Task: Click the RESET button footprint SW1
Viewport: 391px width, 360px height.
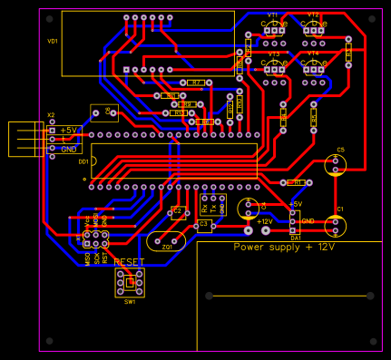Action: (130, 283)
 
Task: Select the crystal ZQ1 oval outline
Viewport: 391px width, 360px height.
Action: (166, 241)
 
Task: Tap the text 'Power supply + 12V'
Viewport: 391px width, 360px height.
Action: (284, 247)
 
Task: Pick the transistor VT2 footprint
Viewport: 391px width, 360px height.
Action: (314, 32)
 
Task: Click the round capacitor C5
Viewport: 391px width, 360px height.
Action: (337, 165)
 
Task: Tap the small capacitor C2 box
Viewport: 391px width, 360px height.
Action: (178, 213)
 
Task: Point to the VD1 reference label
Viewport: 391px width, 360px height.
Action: (53, 42)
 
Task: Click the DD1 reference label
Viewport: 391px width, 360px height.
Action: (83, 161)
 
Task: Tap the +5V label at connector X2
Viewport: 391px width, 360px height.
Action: (70, 131)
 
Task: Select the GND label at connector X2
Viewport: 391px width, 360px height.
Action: (69, 148)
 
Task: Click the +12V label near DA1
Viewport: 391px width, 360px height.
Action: (264, 221)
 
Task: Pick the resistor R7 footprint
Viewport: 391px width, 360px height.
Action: (195, 83)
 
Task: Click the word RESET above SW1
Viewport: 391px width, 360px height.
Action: (129, 261)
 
